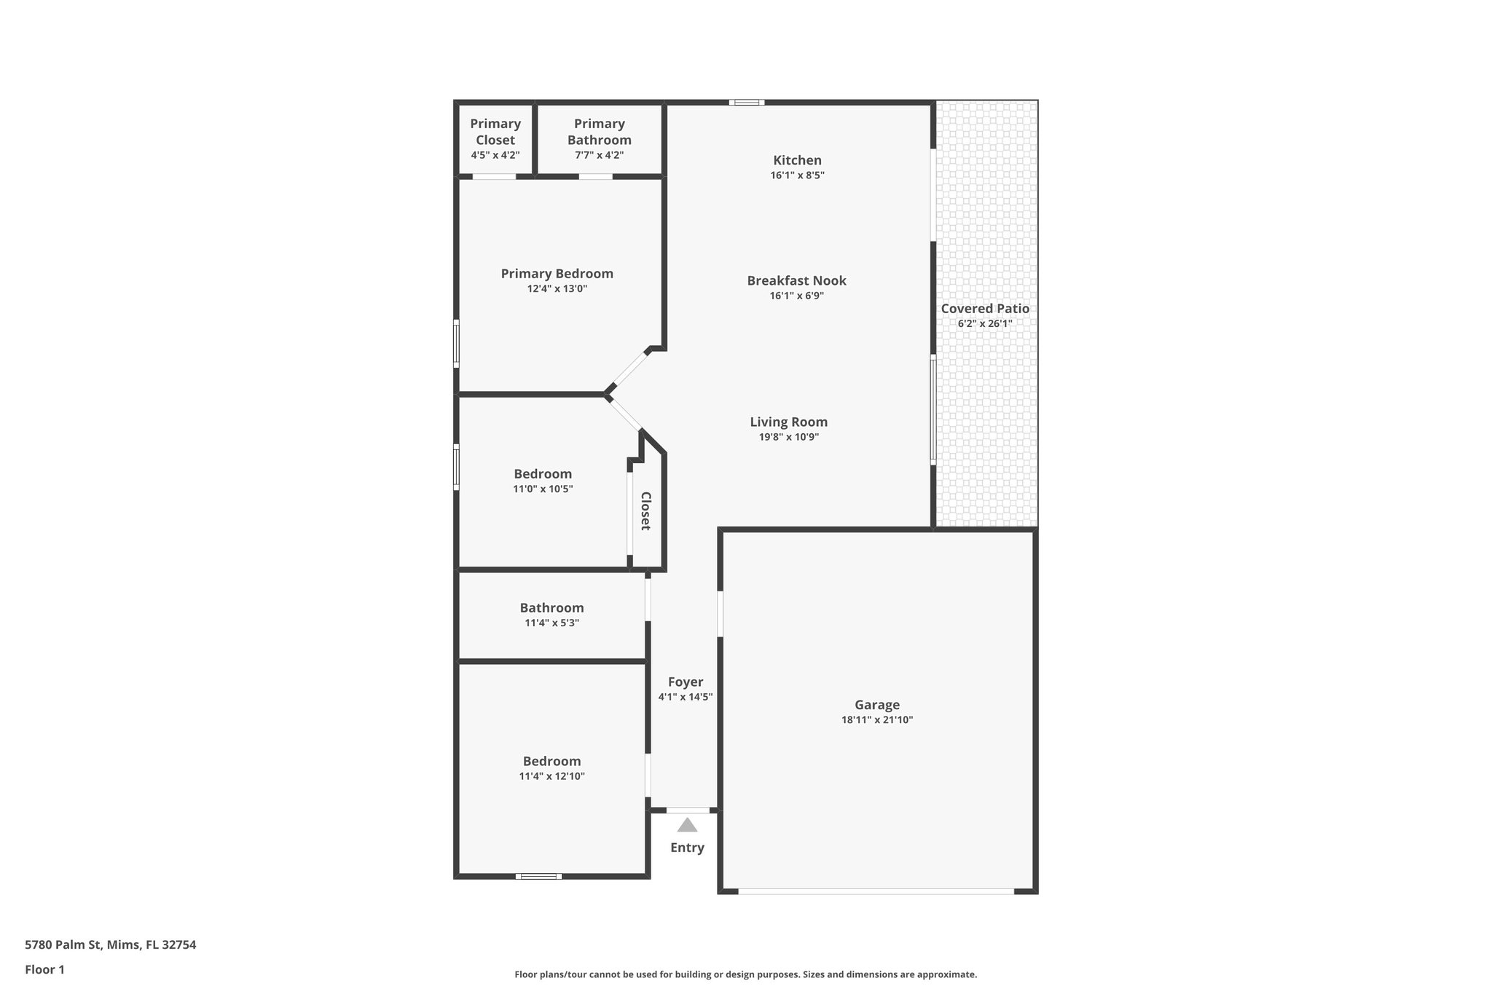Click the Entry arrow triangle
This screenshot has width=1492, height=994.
coord(687,825)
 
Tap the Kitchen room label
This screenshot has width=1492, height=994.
coord(797,160)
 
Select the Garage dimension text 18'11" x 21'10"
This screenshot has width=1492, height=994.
coord(876,720)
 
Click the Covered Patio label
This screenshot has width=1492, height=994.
coord(985,308)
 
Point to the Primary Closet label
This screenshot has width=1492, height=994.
coord(495,132)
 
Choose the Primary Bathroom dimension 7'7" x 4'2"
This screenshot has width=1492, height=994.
coord(599,155)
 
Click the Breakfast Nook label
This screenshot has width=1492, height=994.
coord(796,280)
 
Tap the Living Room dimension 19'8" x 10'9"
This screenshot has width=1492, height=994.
coord(788,437)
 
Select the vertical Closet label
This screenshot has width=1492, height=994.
coord(645,510)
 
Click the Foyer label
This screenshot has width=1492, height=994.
coord(686,682)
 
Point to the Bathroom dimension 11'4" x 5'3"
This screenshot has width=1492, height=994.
coord(551,623)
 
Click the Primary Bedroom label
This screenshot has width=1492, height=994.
coord(557,273)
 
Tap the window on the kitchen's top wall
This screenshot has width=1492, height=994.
coord(746,103)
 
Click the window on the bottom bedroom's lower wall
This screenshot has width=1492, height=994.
coord(538,876)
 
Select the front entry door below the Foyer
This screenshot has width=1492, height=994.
coord(688,810)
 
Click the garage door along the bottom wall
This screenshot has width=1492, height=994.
coord(876,891)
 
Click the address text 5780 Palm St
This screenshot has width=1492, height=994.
coord(110,944)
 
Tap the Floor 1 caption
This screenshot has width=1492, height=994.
coord(44,969)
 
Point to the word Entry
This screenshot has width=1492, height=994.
coord(687,848)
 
